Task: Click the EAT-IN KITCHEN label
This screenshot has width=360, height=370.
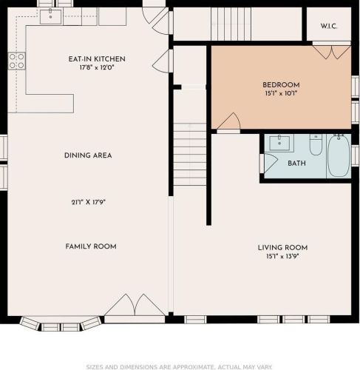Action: click(97, 59)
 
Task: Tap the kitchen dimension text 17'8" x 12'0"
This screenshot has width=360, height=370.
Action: click(97, 67)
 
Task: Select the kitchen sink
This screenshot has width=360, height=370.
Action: click(50, 17)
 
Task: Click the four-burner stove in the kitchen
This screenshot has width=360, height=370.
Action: click(17, 61)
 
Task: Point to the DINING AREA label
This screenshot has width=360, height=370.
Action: click(88, 155)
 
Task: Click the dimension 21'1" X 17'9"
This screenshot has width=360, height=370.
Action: click(89, 202)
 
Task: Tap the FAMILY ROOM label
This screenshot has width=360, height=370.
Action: click(91, 246)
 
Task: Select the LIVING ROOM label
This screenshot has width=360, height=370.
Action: click(282, 248)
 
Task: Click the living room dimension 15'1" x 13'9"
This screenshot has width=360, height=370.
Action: click(282, 256)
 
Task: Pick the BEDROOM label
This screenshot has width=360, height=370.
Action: click(281, 85)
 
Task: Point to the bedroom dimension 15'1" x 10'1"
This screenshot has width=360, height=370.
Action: click(281, 93)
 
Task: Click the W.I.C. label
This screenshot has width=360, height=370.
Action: click(329, 26)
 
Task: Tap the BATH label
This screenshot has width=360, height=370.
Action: click(296, 164)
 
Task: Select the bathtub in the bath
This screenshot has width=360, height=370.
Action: click(339, 155)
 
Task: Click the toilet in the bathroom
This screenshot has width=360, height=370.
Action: click(316, 144)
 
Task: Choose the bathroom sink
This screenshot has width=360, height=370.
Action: click(279, 143)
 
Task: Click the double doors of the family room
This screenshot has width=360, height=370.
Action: click(135, 306)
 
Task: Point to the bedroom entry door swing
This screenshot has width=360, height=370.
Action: click(229, 121)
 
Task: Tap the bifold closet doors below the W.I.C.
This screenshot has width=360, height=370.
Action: click(332, 53)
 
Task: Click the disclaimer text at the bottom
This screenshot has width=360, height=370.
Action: click(180, 367)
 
